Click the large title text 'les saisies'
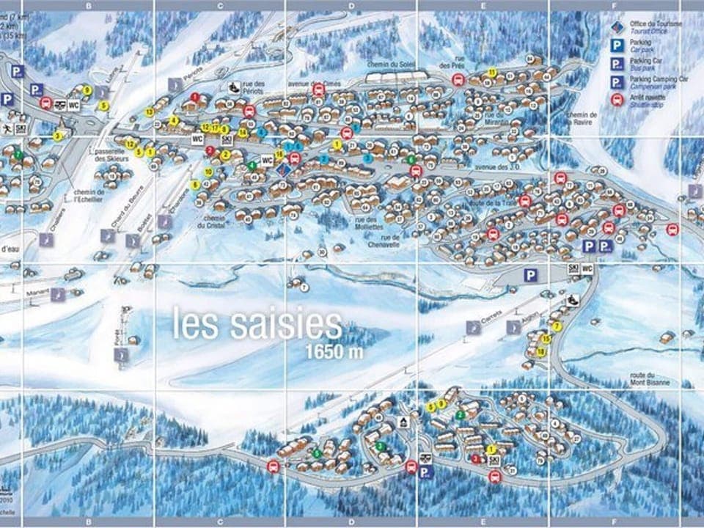coord(257,323)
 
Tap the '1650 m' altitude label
coord(336,351)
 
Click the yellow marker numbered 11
coord(492,71)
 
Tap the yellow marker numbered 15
coord(546,339)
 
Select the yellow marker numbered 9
coord(87,90)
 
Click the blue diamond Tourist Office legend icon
coord(617,27)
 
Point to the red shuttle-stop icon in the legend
coord(617,100)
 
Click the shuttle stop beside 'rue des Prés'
coord(458,81)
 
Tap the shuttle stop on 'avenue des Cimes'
coord(318,89)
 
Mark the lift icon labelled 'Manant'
coord(57,294)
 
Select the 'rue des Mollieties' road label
coord(367,223)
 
